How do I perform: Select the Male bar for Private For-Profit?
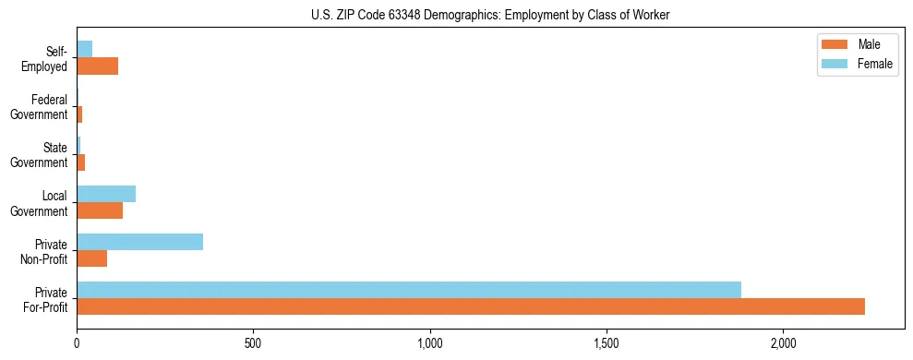(x=471, y=306)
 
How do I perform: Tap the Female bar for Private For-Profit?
(x=409, y=290)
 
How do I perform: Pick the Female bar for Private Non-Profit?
(x=139, y=242)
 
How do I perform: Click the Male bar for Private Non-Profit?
(x=92, y=258)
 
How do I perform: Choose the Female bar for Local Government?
(x=106, y=194)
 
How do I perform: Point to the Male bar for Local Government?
(x=100, y=210)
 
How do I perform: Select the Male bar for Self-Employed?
(x=97, y=66)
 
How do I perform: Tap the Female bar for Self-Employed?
(x=84, y=49)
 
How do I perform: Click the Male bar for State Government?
(x=81, y=162)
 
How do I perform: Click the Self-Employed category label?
(x=47, y=58)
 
